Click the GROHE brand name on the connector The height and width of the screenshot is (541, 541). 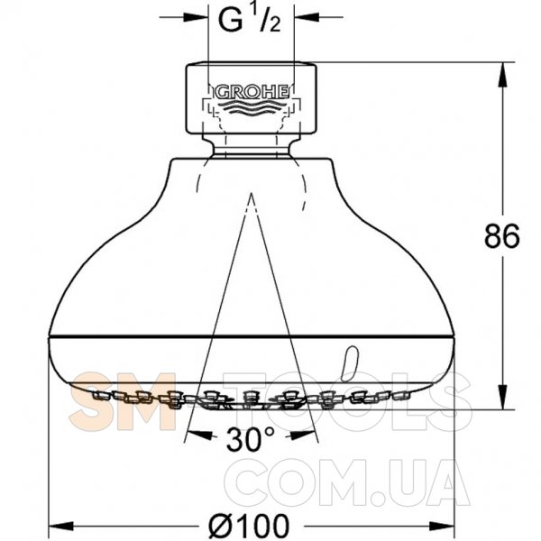[252, 92]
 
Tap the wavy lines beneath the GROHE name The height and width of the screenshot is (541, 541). [254, 106]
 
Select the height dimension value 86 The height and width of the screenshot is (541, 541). [501, 236]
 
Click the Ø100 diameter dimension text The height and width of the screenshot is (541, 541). [249, 525]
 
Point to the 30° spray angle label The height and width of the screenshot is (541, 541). [251, 440]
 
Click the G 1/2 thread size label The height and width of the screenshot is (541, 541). [250, 20]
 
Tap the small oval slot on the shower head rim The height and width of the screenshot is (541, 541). [350, 363]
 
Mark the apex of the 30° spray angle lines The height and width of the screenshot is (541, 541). [252, 194]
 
